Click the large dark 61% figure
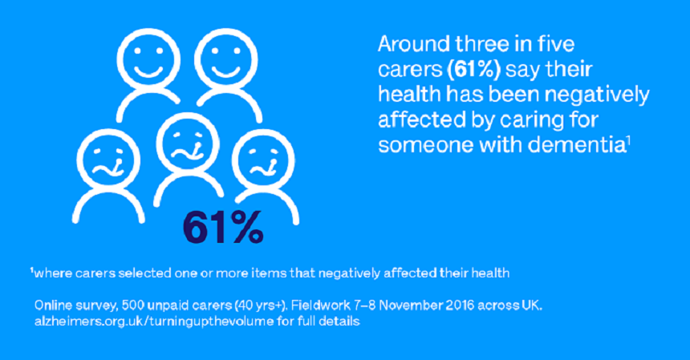click(222, 225)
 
